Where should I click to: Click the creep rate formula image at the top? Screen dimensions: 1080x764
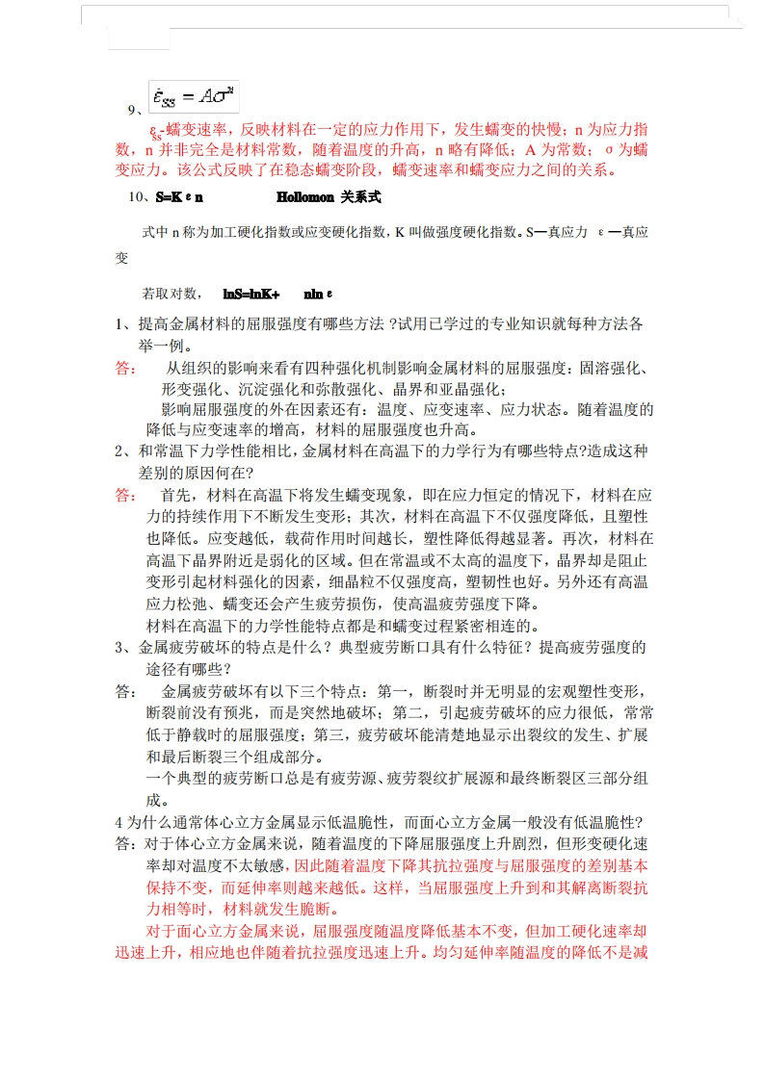point(194,95)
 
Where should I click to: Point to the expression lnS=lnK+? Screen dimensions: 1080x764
point(250,293)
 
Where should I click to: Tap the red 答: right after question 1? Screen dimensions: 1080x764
point(126,369)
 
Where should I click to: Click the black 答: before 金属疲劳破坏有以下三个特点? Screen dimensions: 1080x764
point(126,692)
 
